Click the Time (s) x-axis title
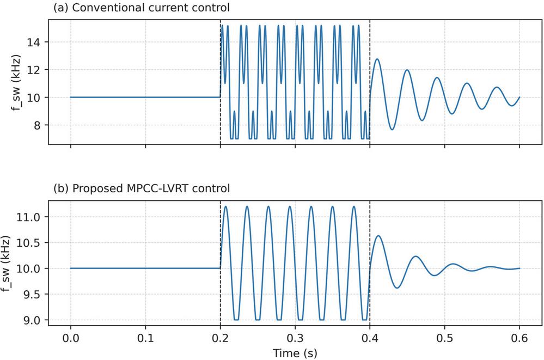click(x=295, y=352)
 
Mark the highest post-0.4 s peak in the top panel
click(x=377, y=59)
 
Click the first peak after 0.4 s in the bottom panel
click(x=377, y=236)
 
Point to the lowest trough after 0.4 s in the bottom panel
click(x=396, y=288)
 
